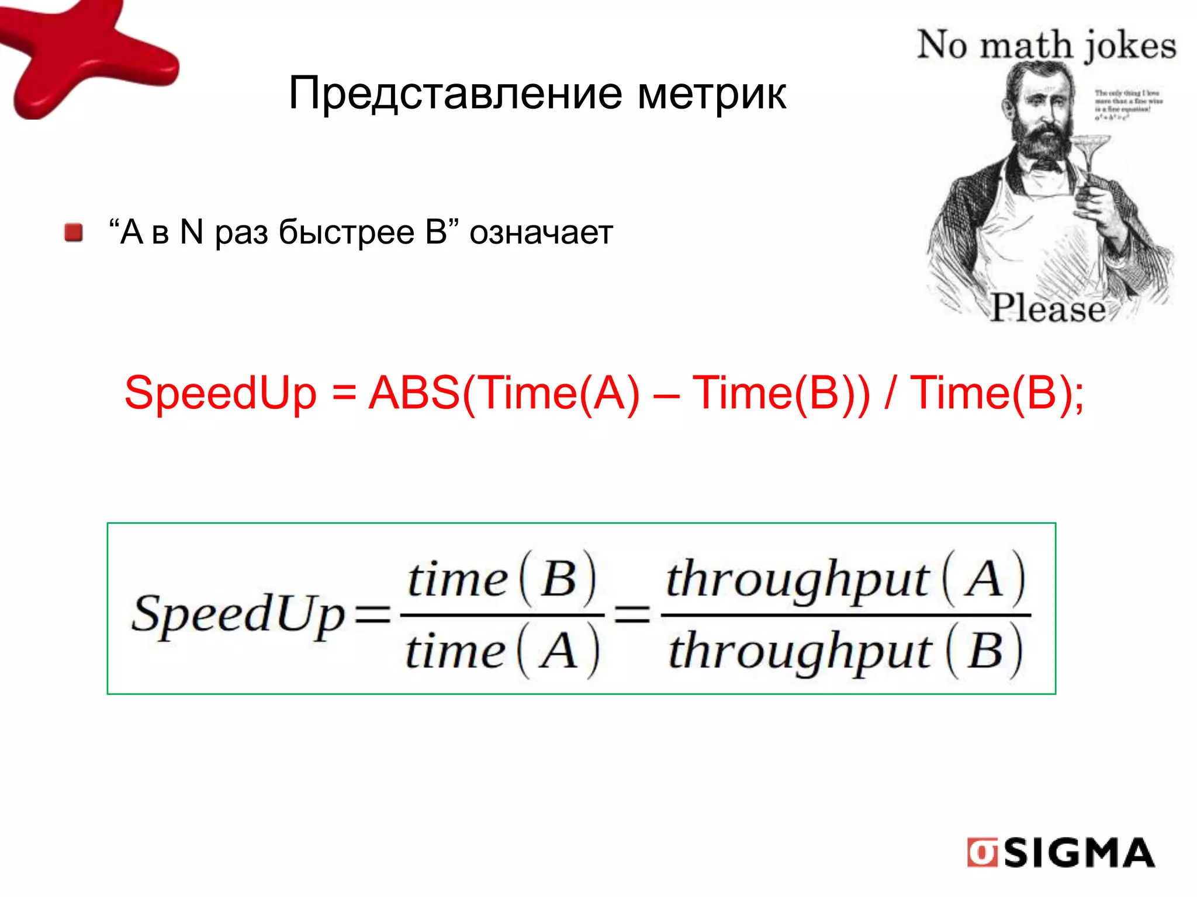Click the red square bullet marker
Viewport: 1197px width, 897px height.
point(74,232)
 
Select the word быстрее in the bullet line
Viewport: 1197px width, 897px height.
point(346,232)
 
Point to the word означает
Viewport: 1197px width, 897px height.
point(541,232)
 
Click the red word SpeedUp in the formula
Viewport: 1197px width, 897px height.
point(220,394)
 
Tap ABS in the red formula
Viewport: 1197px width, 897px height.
point(414,392)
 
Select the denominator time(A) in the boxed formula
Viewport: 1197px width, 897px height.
point(501,651)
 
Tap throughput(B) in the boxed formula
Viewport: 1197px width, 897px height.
point(845,651)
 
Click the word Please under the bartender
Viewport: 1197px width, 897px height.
point(1047,308)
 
